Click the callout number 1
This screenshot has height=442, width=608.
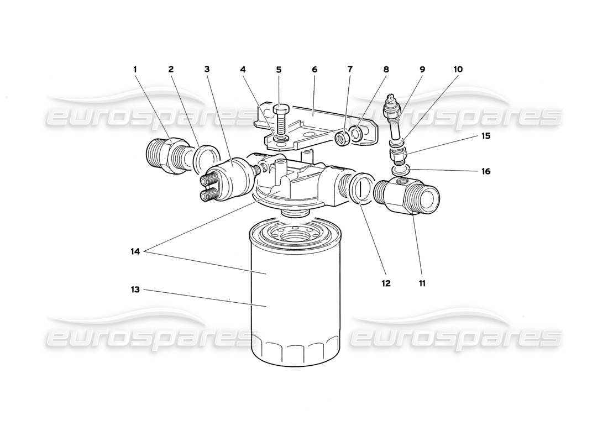[x=134, y=70]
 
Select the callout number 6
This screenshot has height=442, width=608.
[x=315, y=70]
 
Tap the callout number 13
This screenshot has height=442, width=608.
[x=134, y=289]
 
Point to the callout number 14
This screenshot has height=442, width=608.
[x=134, y=251]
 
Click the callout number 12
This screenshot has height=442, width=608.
[x=385, y=283]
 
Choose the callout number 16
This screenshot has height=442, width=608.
[x=485, y=171]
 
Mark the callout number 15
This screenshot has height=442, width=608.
[x=485, y=135]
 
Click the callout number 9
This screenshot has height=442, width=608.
[x=422, y=70]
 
